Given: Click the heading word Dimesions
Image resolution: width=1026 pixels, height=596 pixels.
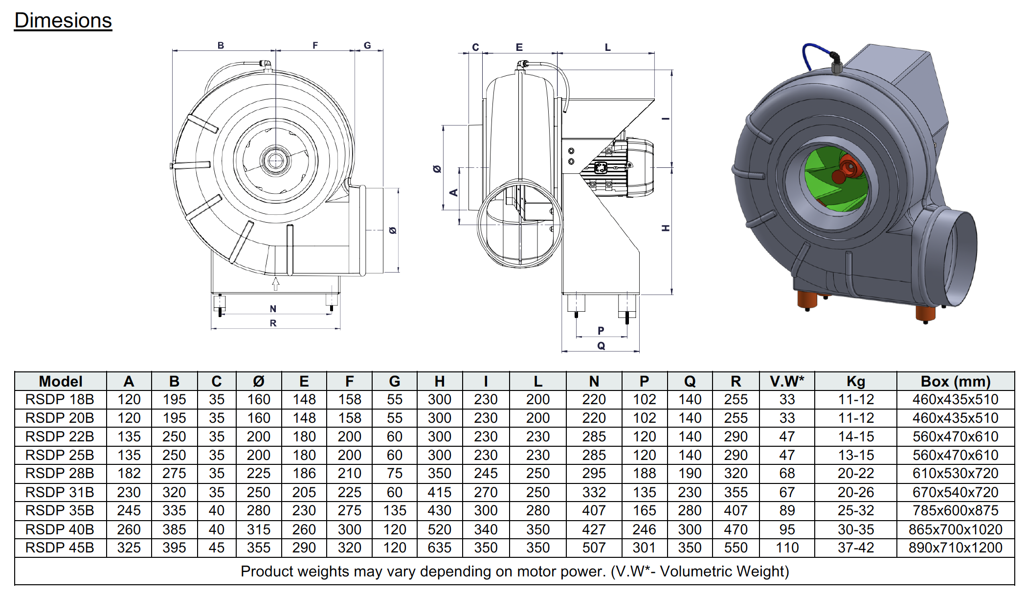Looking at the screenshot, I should point(63,21).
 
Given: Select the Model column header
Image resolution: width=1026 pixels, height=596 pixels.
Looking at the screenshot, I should point(61,381).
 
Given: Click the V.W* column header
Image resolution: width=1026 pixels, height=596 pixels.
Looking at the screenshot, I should point(787,381).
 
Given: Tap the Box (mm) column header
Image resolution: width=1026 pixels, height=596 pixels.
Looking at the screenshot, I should point(955,381).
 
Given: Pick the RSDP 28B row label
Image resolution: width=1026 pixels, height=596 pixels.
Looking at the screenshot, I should point(60,474).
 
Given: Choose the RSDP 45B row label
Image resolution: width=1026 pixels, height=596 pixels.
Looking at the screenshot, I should point(60,548).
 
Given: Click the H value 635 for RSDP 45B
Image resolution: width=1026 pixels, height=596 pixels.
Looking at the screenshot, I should point(439,548).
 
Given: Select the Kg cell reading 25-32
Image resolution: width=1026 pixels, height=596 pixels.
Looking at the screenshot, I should point(855,510).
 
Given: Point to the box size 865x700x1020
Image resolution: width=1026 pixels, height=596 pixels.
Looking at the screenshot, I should point(955,529).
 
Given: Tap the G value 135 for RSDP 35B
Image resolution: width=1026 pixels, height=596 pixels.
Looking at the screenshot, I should point(395,510).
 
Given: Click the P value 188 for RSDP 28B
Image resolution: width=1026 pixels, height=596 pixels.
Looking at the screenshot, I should point(644,474).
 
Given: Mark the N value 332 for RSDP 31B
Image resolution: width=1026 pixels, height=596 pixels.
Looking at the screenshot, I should point(594,492).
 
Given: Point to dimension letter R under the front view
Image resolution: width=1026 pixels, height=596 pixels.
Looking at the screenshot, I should point(273,323).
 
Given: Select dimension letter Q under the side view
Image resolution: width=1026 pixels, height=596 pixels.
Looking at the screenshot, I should point(601,345).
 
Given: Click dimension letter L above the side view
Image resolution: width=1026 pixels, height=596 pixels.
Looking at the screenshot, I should point(607,47).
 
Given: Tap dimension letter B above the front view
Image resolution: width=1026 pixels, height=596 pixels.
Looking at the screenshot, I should point(221,46).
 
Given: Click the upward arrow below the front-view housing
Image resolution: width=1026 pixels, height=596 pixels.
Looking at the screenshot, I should point(276,283).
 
